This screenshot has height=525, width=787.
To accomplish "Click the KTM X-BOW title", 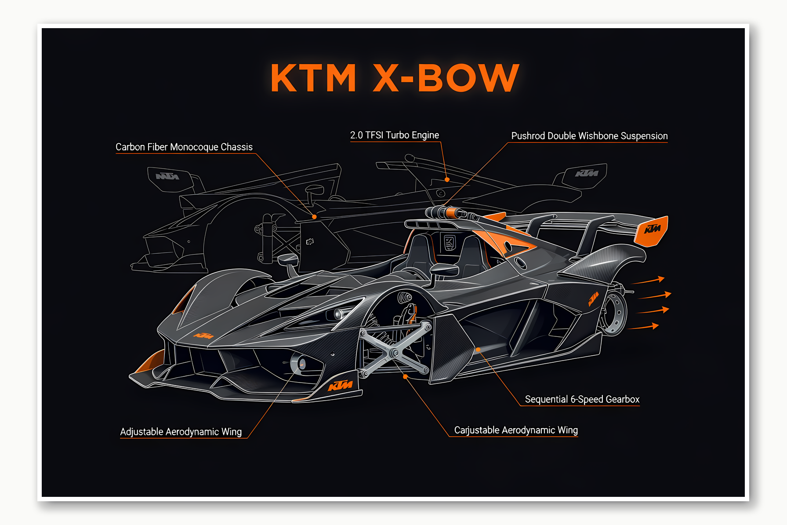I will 395,78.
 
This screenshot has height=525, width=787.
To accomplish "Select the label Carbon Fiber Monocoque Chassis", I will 184,147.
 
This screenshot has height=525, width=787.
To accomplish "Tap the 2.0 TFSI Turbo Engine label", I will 394,135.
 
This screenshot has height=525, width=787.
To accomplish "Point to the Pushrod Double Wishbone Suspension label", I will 589,136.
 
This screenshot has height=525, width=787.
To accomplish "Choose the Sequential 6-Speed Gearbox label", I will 582,399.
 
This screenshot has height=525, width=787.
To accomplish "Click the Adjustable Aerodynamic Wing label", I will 181,432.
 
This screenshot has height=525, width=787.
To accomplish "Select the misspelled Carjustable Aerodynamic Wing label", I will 515,430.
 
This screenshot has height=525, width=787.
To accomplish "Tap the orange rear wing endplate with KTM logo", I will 652,231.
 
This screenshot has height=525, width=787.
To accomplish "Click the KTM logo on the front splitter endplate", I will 340,386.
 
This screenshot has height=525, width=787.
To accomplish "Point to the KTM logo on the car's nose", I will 203,336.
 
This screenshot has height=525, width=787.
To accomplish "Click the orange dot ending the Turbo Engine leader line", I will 447,179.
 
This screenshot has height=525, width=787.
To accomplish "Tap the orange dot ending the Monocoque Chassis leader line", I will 314,217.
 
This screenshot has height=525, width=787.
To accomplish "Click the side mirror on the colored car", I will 444,269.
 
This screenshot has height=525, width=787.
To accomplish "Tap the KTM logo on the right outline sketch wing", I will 586,173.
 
